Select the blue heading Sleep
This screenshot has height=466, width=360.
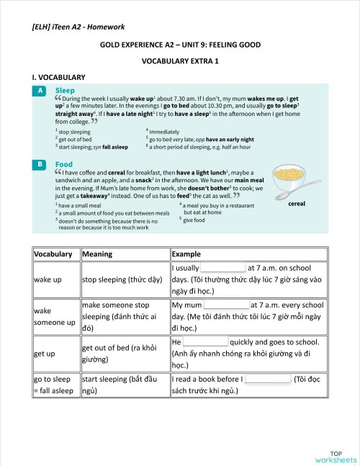tap(65, 91)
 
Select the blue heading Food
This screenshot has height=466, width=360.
tap(64, 164)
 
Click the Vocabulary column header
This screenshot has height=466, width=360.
tap(53, 254)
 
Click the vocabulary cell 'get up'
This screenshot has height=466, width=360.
tap(45, 354)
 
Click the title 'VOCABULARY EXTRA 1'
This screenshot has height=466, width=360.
tap(180, 61)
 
